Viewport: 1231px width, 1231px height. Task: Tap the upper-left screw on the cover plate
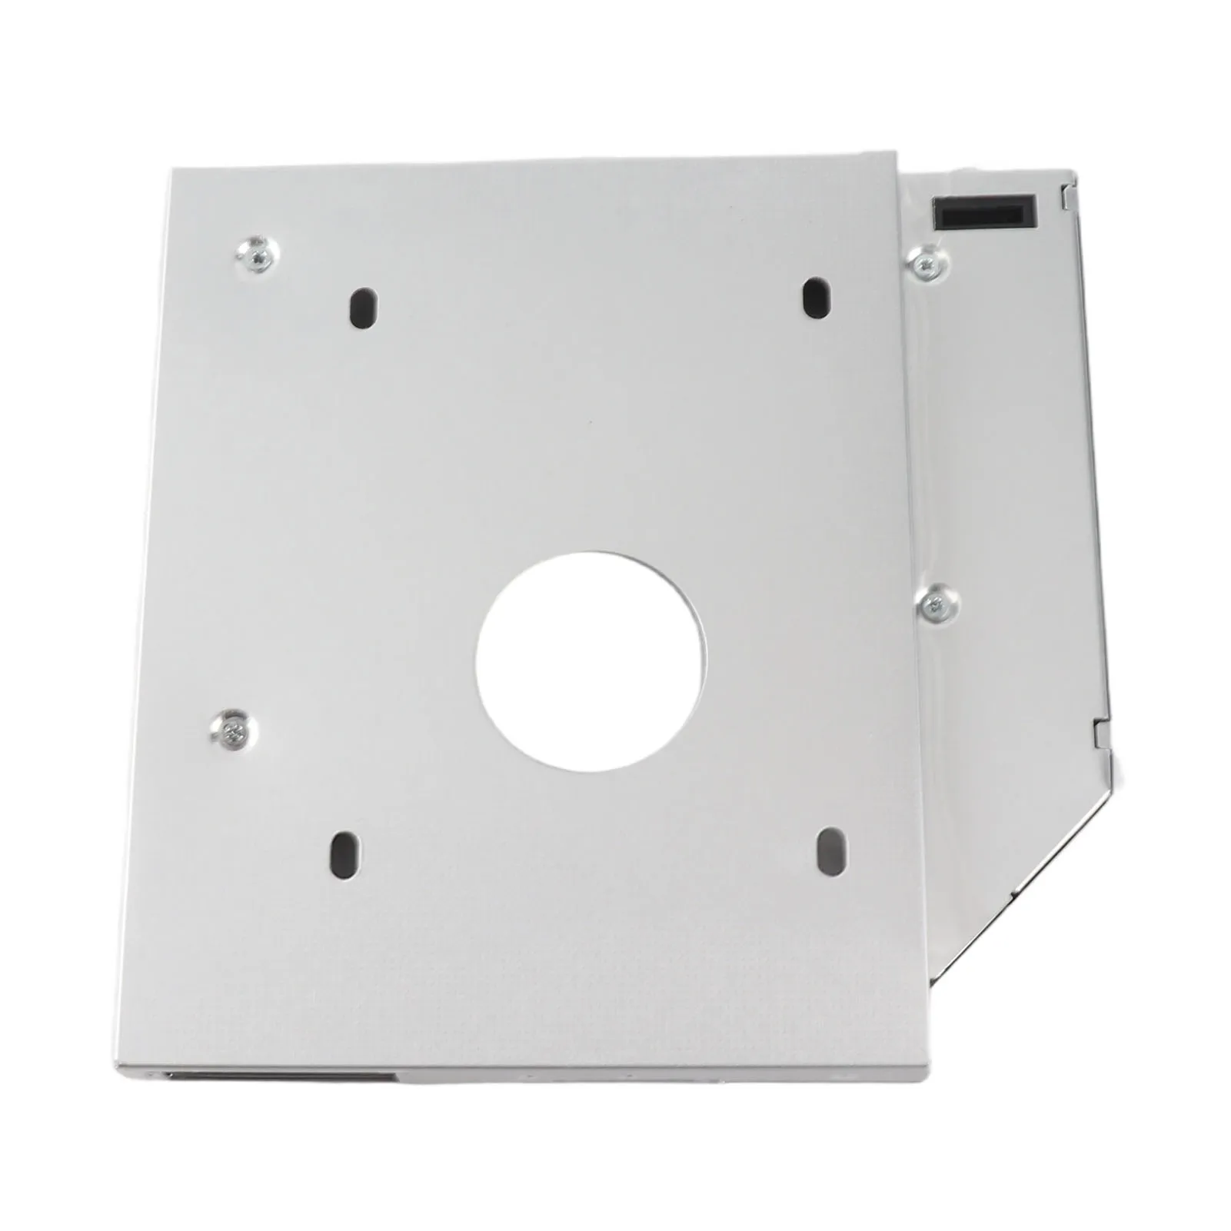coord(258,255)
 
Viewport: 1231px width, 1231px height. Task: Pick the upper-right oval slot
coord(816,297)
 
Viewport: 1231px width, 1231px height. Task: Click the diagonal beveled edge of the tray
coord(1023,877)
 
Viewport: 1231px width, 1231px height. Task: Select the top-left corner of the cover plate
coord(171,171)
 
